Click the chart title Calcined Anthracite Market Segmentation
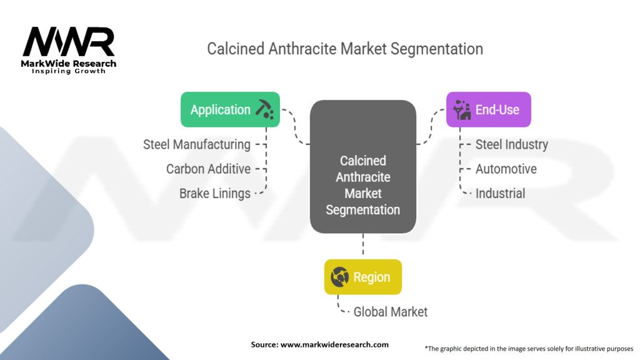(x=345, y=49)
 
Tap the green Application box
(x=230, y=110)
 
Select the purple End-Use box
(x=488, y=110)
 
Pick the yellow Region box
(x=362, y=277)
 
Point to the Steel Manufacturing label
(x=197, y=144)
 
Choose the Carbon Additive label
(x=208, y=169)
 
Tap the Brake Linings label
(x=215, y=193)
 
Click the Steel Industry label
(x=511, y=144)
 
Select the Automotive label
(x=506, y=169)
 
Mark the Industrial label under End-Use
(x=500, y=193)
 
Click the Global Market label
(x=391, y=311)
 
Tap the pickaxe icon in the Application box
(x=264, y=110)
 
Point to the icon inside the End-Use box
(x=462, y=110)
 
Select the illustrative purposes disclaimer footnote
(x=529, y=348)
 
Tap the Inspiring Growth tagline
(x=69, y=71)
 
